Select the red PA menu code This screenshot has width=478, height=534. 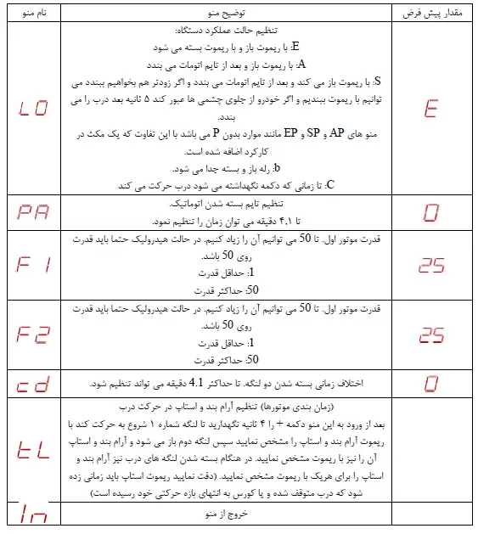pyautogui.click(x=33, y=211)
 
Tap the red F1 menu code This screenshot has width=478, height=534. pyautogui.click(x=33, y=265)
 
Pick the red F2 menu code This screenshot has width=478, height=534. pyautogui.click(x=33, y=334)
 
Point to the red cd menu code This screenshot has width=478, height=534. pyautogui.click(x=33, y=384)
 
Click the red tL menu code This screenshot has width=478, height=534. pyautogui.click(x=33, y=450)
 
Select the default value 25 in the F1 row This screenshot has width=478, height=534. pyautogui.click(x=430, y=265)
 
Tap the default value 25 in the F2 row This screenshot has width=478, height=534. pyautogui.click(x=430, y=334)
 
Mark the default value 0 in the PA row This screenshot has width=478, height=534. pyautogui.click(x=430, y=211)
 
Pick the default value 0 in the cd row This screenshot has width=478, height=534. pyautogui.click(x=430, y=384)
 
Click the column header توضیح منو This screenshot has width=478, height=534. pyautogui.click(x=225, y=13)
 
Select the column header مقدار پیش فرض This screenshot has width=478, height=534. pyautogui.click(x=430, y=13)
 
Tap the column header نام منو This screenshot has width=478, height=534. pyautogui.click(x=33, y=13)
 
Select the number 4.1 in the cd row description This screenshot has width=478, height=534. pyautogui.click(x=196, y=383)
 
